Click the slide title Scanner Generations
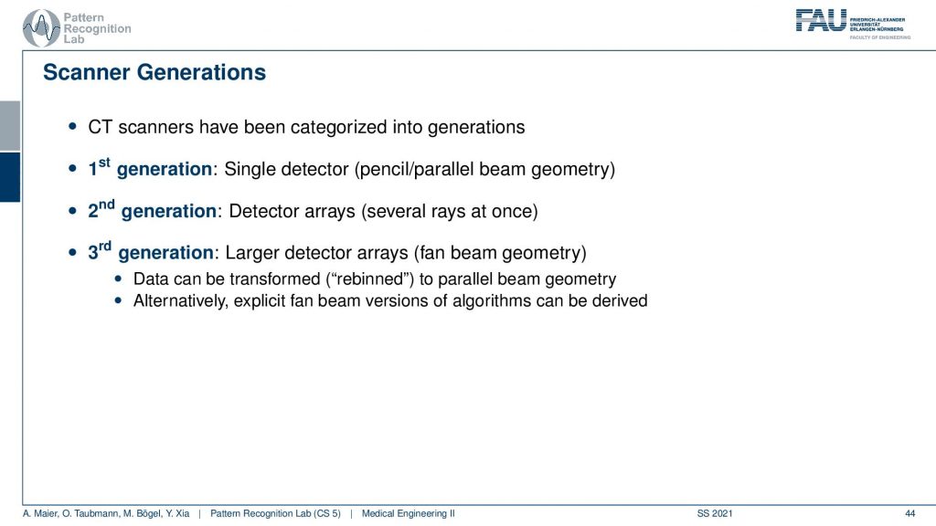click(x=154, y=72)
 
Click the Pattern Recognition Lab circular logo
click(x=41, y=28)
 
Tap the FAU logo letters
click(x=821, y=20)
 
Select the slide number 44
click(x=909, y=513)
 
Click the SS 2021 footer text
click(x=715, y=513)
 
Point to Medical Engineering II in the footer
click(x=409, y=513)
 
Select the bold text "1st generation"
click(x=150, y=168)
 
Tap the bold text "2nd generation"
click(x=153, y=209)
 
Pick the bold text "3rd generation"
click(x=151, y=251)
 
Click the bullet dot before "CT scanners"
click(x=73, y=126)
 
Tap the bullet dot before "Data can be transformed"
click(x=118, y=279)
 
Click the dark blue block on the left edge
click(x=10, y=177)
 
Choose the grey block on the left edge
click(x=10, y=126)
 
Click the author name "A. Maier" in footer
click(x=39, y=513)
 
